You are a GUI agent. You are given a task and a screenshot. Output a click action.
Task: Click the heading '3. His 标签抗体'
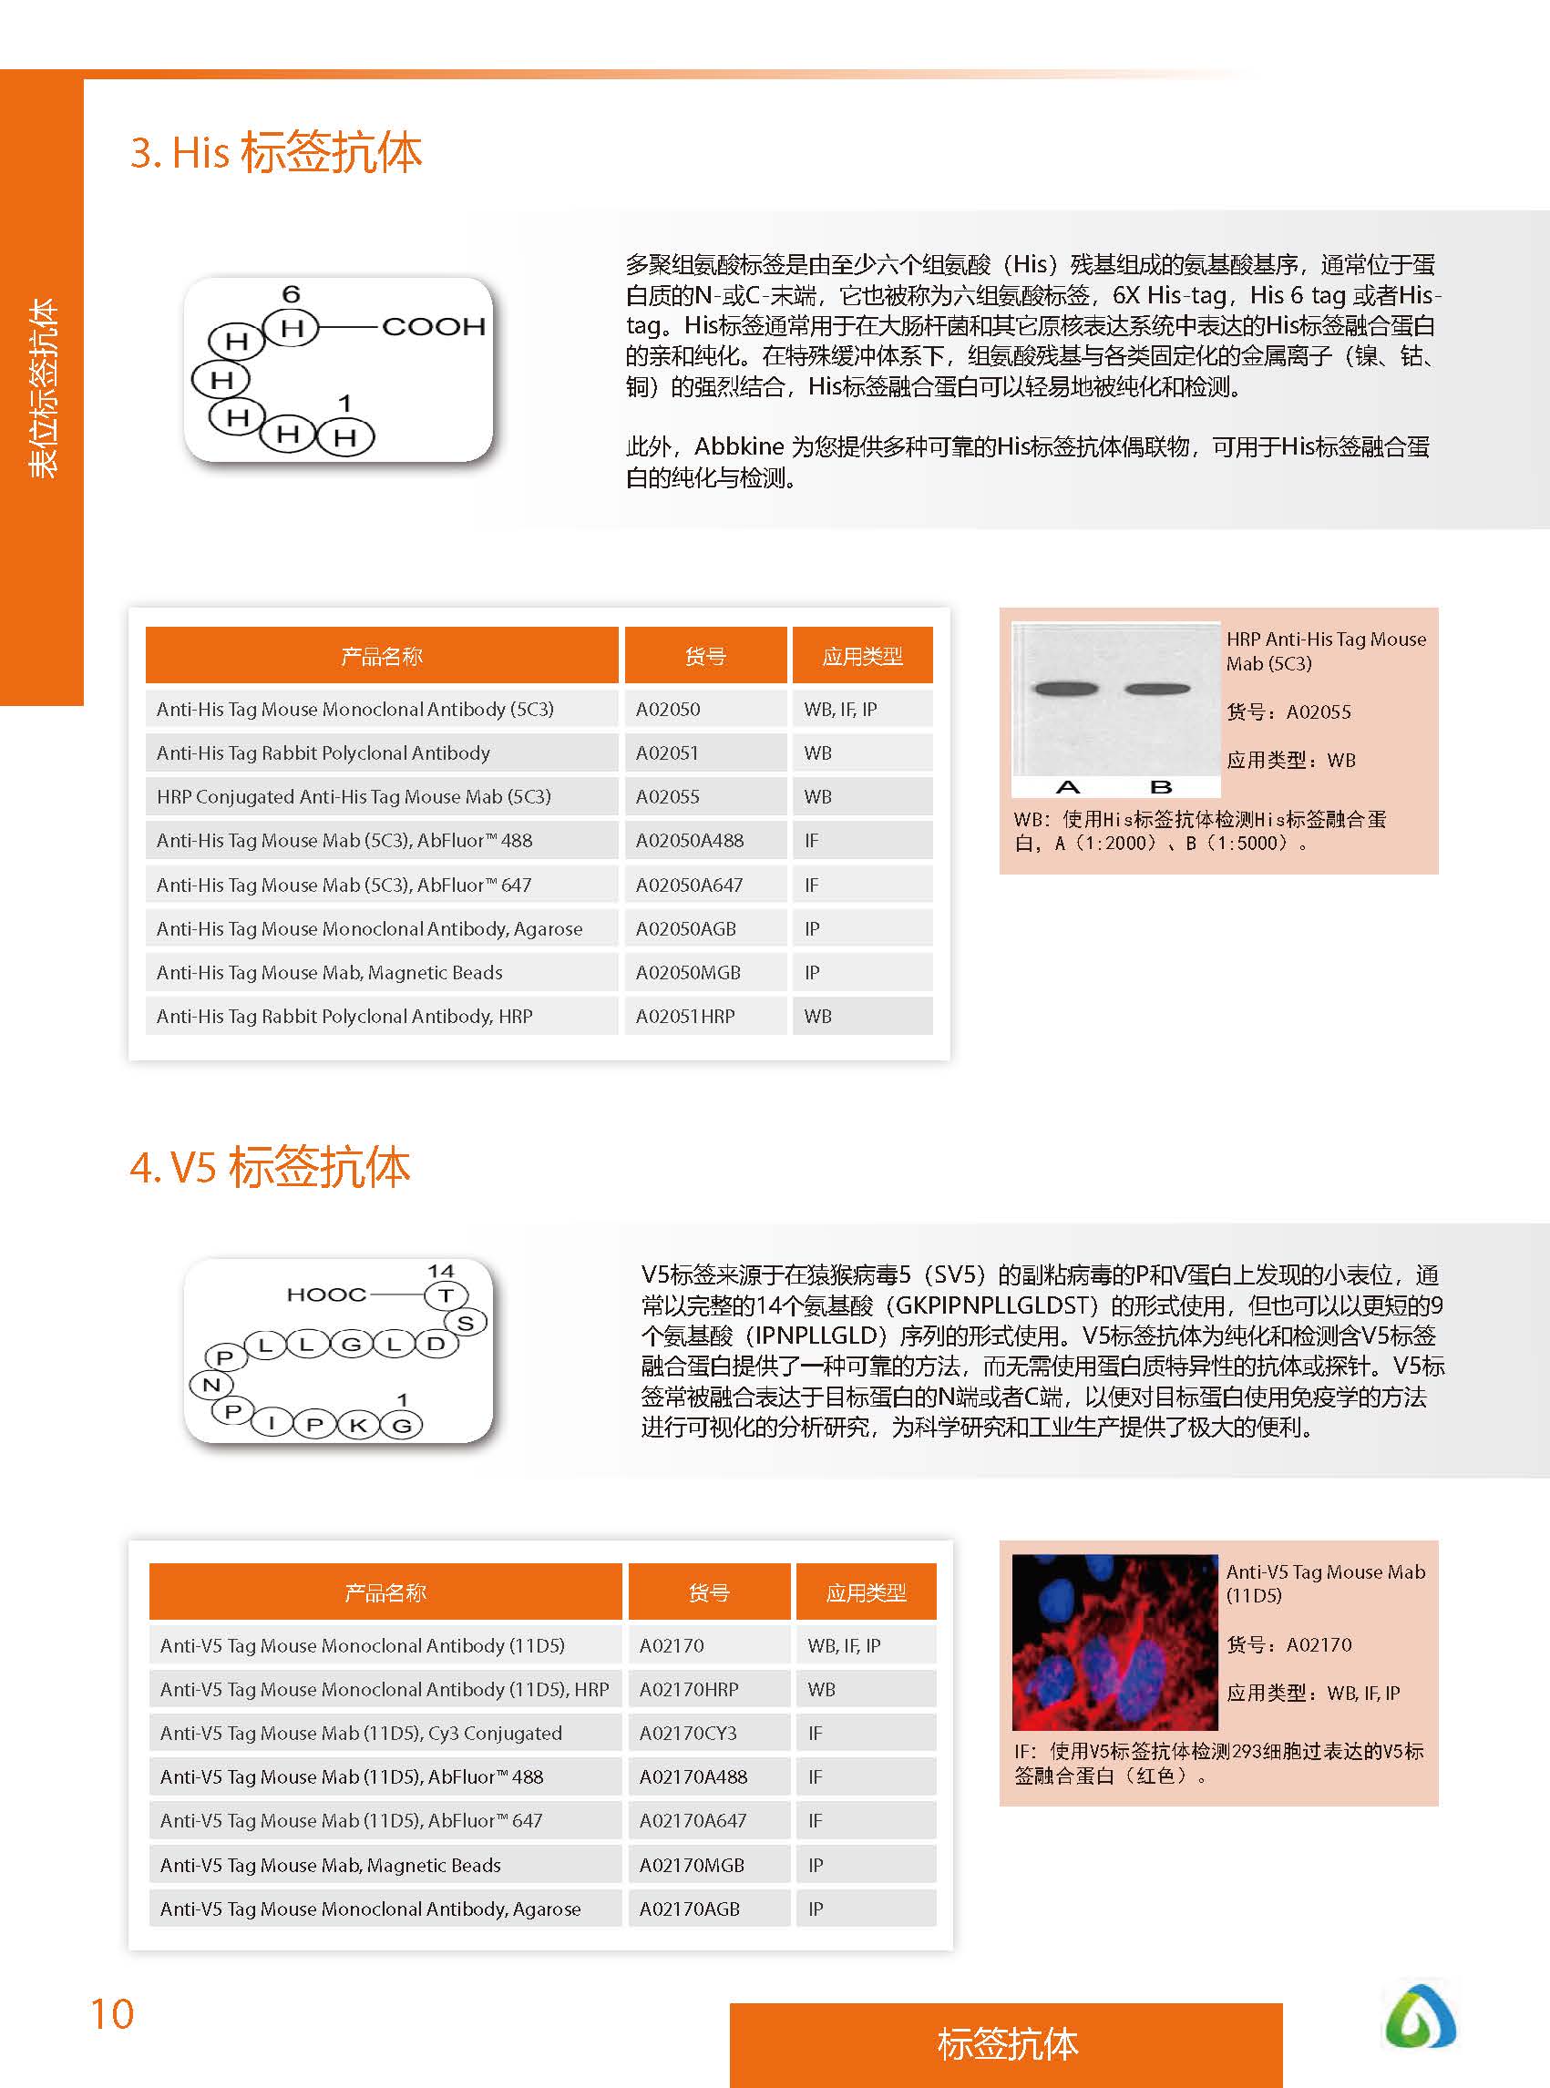coord(276,152)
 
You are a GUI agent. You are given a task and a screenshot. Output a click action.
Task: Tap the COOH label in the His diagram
coord(434,326)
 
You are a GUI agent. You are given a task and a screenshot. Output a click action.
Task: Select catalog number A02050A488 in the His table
coord(690,841)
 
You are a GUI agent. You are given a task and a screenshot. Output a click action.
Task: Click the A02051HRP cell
coord(685,1016)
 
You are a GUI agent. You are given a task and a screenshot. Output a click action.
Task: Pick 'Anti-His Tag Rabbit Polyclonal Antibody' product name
coord(323,752)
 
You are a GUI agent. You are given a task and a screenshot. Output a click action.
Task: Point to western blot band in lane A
coord(1065,689)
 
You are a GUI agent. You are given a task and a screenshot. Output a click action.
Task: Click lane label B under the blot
coord(1161,786)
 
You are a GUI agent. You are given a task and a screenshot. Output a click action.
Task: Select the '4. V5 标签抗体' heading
coord(271,1167)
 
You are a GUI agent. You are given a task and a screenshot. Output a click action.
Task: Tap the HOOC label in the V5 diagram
coord(325,1295)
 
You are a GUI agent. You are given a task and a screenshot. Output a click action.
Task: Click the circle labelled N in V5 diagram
coord(211,1385)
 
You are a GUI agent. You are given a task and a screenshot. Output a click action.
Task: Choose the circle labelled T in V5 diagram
coord(446,1295)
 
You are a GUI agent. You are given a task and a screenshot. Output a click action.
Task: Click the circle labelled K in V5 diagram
coord(357,1426)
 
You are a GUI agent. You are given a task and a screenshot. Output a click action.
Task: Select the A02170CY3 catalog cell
coord(688,1733)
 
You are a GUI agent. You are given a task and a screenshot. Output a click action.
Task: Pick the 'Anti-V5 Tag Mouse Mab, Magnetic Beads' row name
coord(330,1865)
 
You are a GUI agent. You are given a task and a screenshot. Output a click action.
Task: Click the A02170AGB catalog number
coord(690,1909)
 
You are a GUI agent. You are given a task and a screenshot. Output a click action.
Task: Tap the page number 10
coord(112,2014)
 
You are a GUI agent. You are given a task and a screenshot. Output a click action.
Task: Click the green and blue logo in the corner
coord(1420,2016)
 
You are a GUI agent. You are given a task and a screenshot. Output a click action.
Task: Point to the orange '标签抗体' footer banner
coord(1006,2044)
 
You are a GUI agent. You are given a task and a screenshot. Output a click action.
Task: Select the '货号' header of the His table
coord(704,656)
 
